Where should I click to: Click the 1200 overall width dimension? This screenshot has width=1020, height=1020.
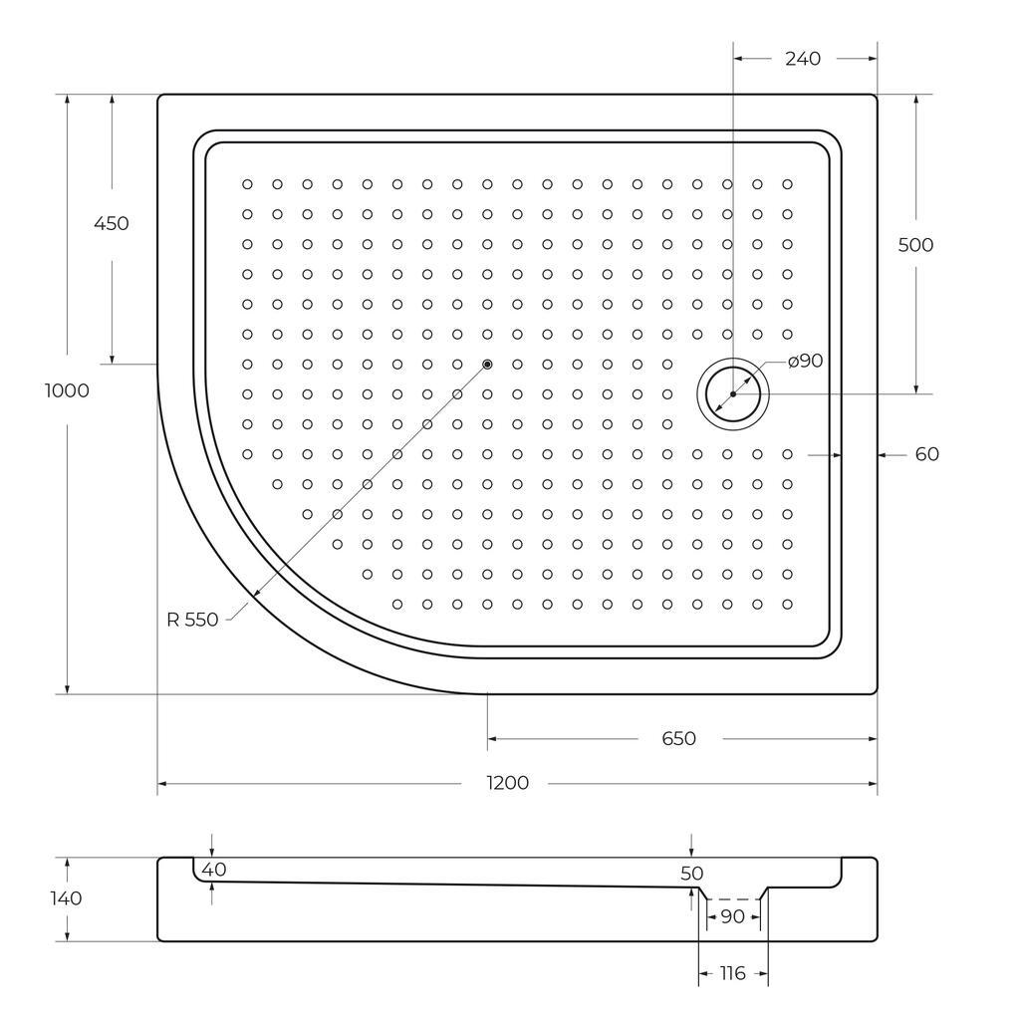point(507,783)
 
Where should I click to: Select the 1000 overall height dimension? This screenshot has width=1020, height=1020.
point(67,390)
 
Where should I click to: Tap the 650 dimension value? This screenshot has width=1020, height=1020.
point(678,738)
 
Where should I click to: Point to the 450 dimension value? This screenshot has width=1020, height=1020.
point(112,223)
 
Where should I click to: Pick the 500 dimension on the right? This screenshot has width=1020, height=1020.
point(915,245)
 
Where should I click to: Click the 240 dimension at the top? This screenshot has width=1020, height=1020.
point(803,59)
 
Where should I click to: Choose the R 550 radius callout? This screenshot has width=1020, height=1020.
point(192,620)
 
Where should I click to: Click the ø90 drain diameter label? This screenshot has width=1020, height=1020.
point(805,361)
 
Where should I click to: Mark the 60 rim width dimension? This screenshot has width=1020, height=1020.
point(927,454)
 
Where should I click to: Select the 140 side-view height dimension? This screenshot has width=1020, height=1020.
point(66,898)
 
